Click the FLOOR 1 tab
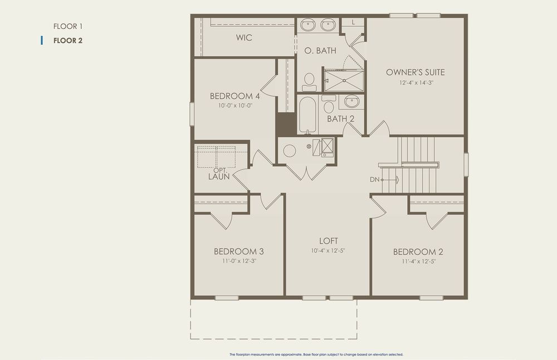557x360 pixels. (x=68, y=26)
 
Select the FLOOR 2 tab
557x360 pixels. (x=68, y=41)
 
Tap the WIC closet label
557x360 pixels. (x=244, y=37)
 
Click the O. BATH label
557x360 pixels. (x=320, y=51)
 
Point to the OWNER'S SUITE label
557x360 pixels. (x=416, y=72)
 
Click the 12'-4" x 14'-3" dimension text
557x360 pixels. (x=416, y=83)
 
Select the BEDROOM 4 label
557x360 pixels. (x=235, y=96)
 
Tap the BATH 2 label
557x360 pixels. (x=341, y=119)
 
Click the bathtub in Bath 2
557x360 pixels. (x=307, y=115)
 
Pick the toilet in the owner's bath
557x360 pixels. (x=309, y=82)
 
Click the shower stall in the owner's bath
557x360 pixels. (x=344, y=81)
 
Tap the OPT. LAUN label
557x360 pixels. (x=219, y=174)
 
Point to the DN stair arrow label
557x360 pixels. (x=375, y=180)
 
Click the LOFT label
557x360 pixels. (x=329, y=241)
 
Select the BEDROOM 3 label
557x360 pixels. (x=239, y=251)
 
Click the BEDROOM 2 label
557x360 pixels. (x=418, y=252)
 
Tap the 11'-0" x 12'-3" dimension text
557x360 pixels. (x=240, y=261)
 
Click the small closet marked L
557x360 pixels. (x=353, y=22)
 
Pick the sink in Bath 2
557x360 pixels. (x=351, y=102)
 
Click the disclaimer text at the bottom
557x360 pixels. (x=316, y=354)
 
